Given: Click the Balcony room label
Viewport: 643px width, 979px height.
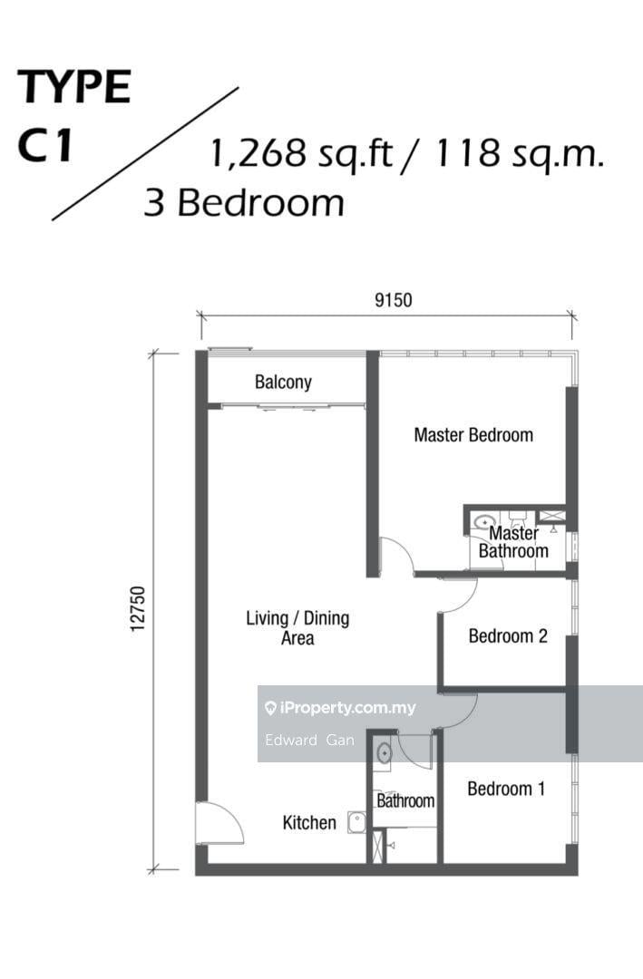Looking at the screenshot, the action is click(x=283, y=383).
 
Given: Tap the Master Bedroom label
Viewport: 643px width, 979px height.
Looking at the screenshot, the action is click(x=473, y=434).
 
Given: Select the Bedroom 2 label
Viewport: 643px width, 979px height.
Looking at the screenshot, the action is click(x=508, y=636).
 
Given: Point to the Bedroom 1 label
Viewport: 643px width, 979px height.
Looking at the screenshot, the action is click(x=506, y=789).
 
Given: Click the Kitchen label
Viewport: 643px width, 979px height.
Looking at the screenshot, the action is click(x=309, y=822).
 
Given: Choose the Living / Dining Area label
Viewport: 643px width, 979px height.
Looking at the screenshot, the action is click(x=297, y=627).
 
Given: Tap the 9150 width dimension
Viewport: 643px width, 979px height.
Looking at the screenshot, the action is click(x=393, y=300).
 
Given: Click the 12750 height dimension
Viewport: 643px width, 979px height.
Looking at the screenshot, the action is click(x=138, y=608).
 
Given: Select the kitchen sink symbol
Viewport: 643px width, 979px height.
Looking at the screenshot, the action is click(x=356, y=822).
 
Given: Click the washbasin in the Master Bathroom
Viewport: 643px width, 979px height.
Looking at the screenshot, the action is click(x=484, y=521).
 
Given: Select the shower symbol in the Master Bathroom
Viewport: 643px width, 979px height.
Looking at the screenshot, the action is click(x=551, y=516).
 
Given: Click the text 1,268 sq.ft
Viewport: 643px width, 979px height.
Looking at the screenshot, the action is click(x=301, y=154).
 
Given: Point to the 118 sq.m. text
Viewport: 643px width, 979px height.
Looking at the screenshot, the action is click(x=520, y=154).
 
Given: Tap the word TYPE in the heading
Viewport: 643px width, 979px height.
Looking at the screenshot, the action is click(x=73, y=87).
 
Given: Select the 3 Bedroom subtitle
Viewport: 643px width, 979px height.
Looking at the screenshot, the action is click(x=244, y=203).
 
